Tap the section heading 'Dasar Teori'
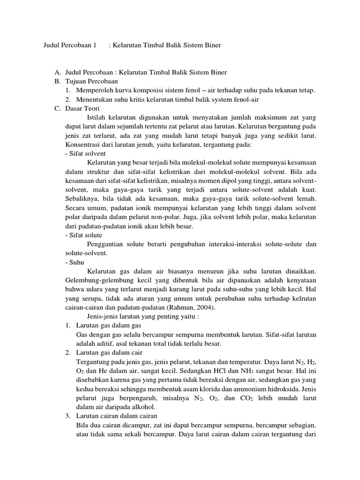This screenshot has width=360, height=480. [81, 108]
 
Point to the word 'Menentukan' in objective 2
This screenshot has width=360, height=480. [93, 99]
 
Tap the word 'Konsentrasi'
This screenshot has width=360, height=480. [82, 145]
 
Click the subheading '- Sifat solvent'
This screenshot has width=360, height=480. [86, 154]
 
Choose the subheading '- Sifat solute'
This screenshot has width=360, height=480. [84, 235]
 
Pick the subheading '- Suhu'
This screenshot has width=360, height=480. [74, 262]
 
